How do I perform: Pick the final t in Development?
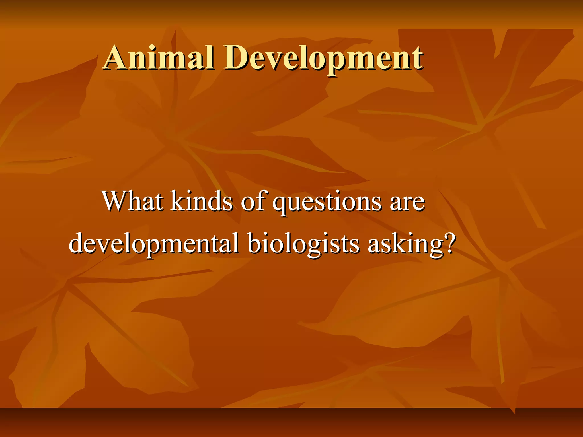418,59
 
